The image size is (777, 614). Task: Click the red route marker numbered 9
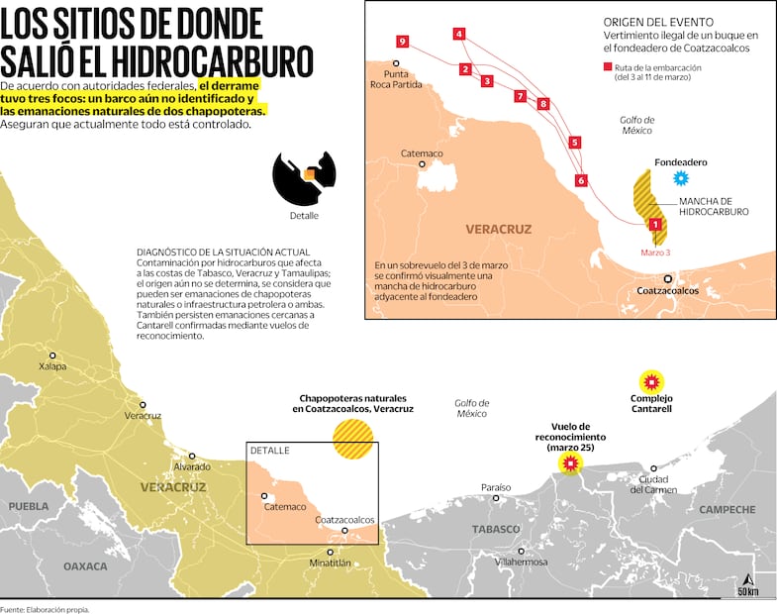(401, 41)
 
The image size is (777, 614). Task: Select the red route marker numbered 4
(459, 34)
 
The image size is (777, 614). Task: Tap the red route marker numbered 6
(581, 180)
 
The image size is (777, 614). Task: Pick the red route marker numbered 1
(654, 226)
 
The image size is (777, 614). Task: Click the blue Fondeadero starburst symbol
(680, 178)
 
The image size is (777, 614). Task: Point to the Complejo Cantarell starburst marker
(651, 381)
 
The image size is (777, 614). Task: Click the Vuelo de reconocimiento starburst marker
(569, 463)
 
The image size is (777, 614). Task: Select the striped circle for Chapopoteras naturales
(353, 439)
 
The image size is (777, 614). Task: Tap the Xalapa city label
(52, 366)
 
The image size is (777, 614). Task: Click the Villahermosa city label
(521, 562)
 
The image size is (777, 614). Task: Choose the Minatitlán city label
(331, 563)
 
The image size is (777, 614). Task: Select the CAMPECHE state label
(728, 510)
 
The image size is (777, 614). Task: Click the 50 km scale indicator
(748, 591)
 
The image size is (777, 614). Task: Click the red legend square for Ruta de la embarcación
(607, 67)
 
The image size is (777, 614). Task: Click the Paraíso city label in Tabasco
(496, 487)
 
